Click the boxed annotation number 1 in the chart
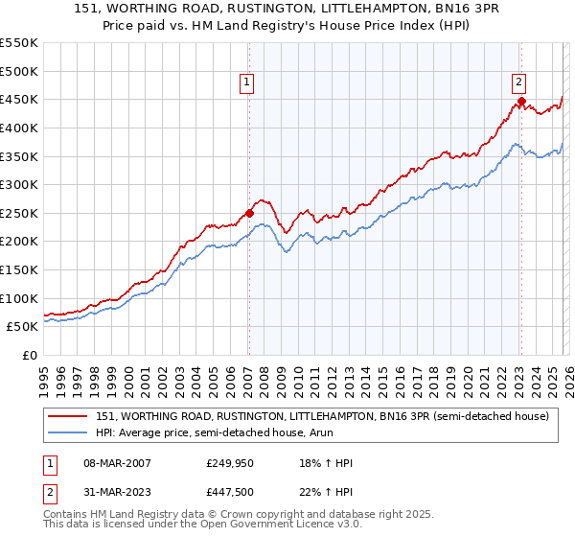[247, 83]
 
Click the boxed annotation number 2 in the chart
[518, 83]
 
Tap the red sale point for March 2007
[249, 213]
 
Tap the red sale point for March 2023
[521, 101]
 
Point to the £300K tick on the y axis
[21, 184]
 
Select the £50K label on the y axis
[25, 326]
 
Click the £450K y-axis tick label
[21, 99]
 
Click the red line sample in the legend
[68, 416]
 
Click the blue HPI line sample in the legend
[68, 432]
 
